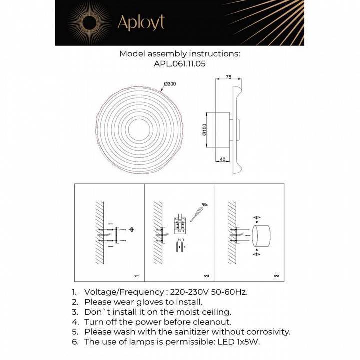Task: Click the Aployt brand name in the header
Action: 140,22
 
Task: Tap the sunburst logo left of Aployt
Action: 90,22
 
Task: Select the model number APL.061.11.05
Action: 180,64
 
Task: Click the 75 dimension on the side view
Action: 228,77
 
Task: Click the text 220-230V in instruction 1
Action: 188,292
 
